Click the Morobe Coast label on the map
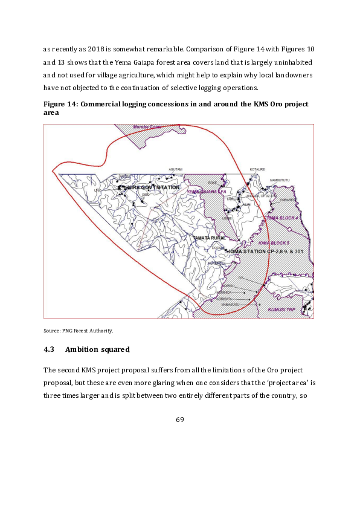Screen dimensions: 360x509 [x=149, y=127]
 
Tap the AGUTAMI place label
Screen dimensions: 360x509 [x=175, y=170]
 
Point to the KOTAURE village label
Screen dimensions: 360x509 [x=258, y=170]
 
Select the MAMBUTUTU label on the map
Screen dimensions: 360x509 [x=280, y=180]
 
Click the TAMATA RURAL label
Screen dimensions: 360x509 [x=209, y=238]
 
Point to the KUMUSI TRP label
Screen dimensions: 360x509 [x=280, y=310]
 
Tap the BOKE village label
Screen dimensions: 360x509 [x=212, y=182]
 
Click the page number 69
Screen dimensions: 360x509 [x=179, y=420]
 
